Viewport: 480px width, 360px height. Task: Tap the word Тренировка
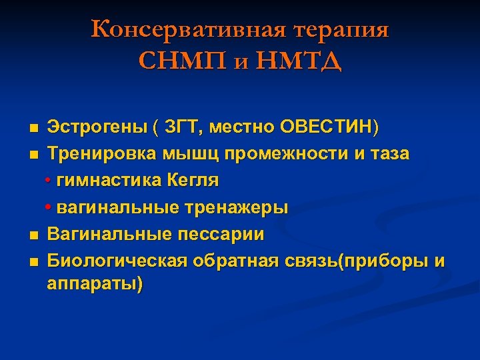coord(101,154)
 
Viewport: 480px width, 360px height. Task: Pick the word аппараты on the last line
coord(93,285)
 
